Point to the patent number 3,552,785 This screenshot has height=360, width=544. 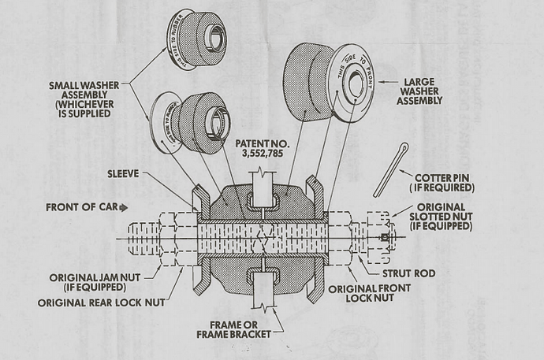click(x=256, y=154)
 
